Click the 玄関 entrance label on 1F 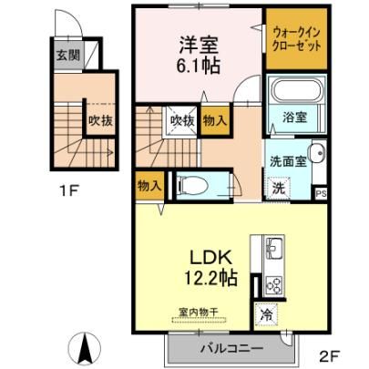[x=68, y=56]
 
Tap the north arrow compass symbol [x=85, y=348]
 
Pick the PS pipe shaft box [x=321, y=194]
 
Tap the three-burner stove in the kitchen [x=274, y=285]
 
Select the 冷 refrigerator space [x=266, y=315]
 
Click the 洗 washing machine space [x=278, y=188]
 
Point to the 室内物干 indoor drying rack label [x=199, y=312]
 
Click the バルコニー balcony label [x=231, y=348]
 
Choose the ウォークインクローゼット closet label [x=296, y=39]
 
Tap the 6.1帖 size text [x=199, y=66]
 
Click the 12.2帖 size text [x=211, y=277]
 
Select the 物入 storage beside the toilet [x=149, y=186]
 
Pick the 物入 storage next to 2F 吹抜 [x=215, y=121]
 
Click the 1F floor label [x=69, y=191]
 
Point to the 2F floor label [x=330, y=355]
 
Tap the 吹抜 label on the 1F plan [x=100, y=121]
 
